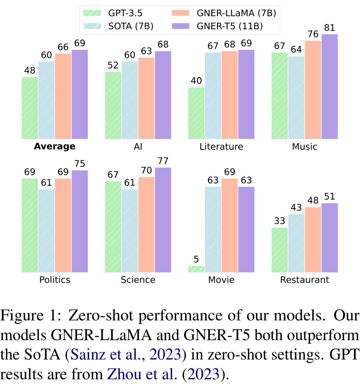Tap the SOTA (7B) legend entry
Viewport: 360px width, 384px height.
click(114, 26)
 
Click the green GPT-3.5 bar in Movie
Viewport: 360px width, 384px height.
click(196, 269)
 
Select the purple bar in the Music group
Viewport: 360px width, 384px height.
click(330, 87)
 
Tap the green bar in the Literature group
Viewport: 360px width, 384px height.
click(196, 113)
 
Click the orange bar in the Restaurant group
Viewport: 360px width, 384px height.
click(313, 239)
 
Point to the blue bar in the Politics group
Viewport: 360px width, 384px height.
click(47, 231)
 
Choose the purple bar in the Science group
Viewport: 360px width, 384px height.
click(163, 220)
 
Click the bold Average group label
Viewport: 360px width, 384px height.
click(54, 147)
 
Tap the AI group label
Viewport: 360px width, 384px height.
click(138, 147)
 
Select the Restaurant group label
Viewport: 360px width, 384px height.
click(304, 280)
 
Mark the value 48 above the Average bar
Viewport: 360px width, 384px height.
click(30, 71)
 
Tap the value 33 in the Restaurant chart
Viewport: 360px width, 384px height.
click(280, 221)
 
